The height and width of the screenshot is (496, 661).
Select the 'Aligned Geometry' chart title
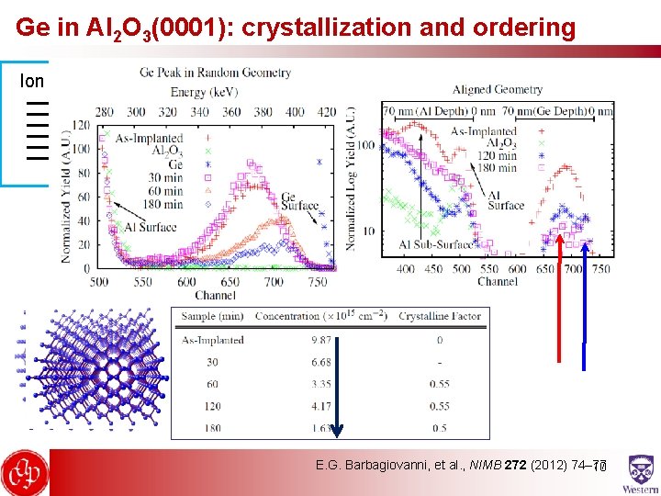click(497, 89)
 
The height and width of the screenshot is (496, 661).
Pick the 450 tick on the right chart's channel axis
click(433, 268)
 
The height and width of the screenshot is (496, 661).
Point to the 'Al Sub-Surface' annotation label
click(435, 244)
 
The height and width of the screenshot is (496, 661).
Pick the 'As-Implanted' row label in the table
click(212, 340)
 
